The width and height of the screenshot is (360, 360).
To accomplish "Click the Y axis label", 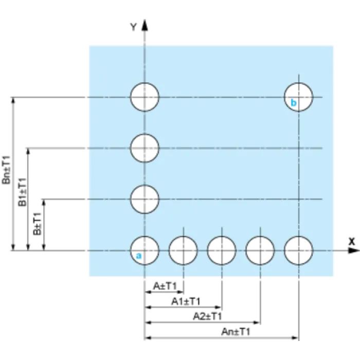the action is pyautogui.click(x=133, y=27).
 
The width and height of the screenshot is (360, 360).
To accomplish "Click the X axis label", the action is pyautogui.click(x=351, y=242).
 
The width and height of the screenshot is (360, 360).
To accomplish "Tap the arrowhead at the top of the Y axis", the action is pyautogui.click(x=145, y=25).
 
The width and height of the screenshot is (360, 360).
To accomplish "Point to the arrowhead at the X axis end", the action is pyautogui.click(x=354, y=250).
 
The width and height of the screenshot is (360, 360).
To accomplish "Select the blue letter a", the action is pyautogui.click(x=139, y=256).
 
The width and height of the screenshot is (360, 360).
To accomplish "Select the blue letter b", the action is pyautogui.click(x=294, y=102).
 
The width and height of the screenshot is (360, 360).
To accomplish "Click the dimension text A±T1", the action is pyautogui.click(x=165, y=286).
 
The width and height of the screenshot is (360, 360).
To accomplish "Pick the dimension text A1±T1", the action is pyautogui.click(x=186, y=301).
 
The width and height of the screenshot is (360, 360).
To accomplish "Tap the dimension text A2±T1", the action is pyautogui.click(x=207, y=316).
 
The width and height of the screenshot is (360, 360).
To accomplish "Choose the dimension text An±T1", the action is pyautogui.click(x=236, y=332).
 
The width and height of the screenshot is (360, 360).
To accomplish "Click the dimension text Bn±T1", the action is pyautogui.click(x=6, y=170).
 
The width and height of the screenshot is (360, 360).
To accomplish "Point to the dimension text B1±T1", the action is pyautogui.click(x=22, y=192).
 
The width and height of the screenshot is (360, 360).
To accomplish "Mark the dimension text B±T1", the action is pyautogui.click(x=37, y=224).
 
